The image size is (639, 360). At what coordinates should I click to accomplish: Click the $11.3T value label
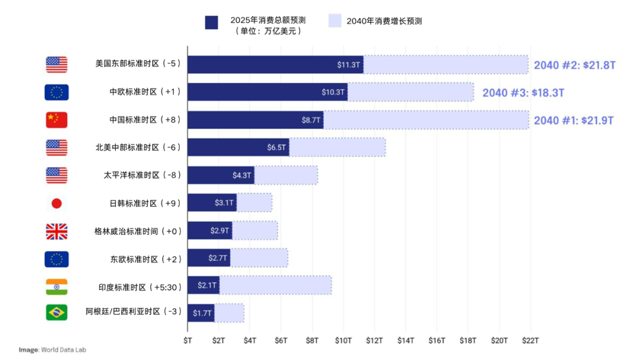point(348,65)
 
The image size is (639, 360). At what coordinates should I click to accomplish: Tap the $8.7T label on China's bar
point(311,120)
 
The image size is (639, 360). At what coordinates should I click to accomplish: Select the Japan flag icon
point(57,204)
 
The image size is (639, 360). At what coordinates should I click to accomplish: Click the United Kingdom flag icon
point(57,232)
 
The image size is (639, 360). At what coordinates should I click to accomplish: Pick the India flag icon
point(57,287)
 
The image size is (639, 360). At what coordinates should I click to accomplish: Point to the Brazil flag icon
point(57,312)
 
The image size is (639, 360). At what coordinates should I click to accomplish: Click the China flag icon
point(57,120)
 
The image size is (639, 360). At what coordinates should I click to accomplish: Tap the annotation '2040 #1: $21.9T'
point(573,120)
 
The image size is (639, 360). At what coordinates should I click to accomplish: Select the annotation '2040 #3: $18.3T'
point(523,93)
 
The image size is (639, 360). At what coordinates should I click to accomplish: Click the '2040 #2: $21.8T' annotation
point(575,65)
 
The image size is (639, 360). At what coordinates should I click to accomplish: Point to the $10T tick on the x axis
point(343,340)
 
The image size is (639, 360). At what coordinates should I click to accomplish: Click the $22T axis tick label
point(530,340)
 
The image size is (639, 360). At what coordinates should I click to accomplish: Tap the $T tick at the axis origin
point(188,340)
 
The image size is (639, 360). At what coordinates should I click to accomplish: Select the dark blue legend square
point(212,22)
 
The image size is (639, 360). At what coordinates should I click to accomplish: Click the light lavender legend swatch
point(335,21)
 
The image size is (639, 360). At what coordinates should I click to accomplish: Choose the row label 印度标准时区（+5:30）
point(140,287)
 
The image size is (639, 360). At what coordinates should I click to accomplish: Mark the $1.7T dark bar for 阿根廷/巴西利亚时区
point(201,313)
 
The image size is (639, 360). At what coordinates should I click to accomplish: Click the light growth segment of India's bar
point(275,285)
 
